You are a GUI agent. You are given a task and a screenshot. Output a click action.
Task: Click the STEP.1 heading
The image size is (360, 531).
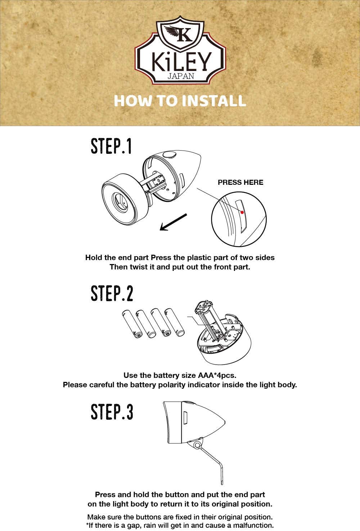(111, 146)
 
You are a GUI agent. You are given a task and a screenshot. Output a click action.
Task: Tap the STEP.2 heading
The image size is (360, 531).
(112, 293)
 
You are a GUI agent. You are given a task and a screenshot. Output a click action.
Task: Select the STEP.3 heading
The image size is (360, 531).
(112, 412)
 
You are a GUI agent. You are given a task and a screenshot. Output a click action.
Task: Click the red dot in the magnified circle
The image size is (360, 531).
(242, 212)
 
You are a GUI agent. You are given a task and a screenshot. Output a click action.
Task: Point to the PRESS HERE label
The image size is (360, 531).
(240, 182)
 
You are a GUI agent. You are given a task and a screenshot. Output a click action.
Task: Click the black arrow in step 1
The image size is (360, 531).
(174, 222)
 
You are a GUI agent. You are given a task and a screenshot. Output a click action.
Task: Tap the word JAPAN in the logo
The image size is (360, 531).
(181, 76)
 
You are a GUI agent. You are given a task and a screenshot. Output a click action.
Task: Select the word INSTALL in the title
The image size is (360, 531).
(214, 101)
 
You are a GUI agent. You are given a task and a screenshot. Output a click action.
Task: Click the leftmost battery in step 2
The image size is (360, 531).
(132, 324)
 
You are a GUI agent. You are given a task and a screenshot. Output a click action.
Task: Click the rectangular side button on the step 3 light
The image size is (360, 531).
(185, 418)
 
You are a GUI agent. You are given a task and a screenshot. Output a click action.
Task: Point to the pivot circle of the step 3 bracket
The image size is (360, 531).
(197, 445)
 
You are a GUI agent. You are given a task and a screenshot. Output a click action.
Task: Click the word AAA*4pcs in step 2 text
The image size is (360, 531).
(217, 375)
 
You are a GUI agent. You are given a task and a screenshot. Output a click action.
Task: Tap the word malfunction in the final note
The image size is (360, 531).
(253, 525)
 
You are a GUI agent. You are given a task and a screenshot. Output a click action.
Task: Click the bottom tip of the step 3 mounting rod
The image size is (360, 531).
(222, 484)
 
